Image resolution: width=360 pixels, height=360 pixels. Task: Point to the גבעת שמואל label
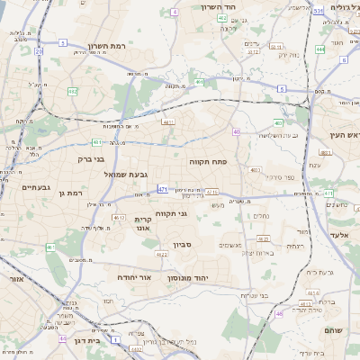[131, 174]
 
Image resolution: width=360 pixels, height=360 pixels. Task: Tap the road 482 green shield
[73, 92]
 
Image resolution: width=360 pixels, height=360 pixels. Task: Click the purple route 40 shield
[237, 132]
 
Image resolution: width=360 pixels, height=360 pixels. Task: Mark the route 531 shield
[318, 11]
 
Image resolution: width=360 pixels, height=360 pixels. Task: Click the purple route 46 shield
[279, 313]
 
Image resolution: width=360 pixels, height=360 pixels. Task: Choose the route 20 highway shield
[39, 51]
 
